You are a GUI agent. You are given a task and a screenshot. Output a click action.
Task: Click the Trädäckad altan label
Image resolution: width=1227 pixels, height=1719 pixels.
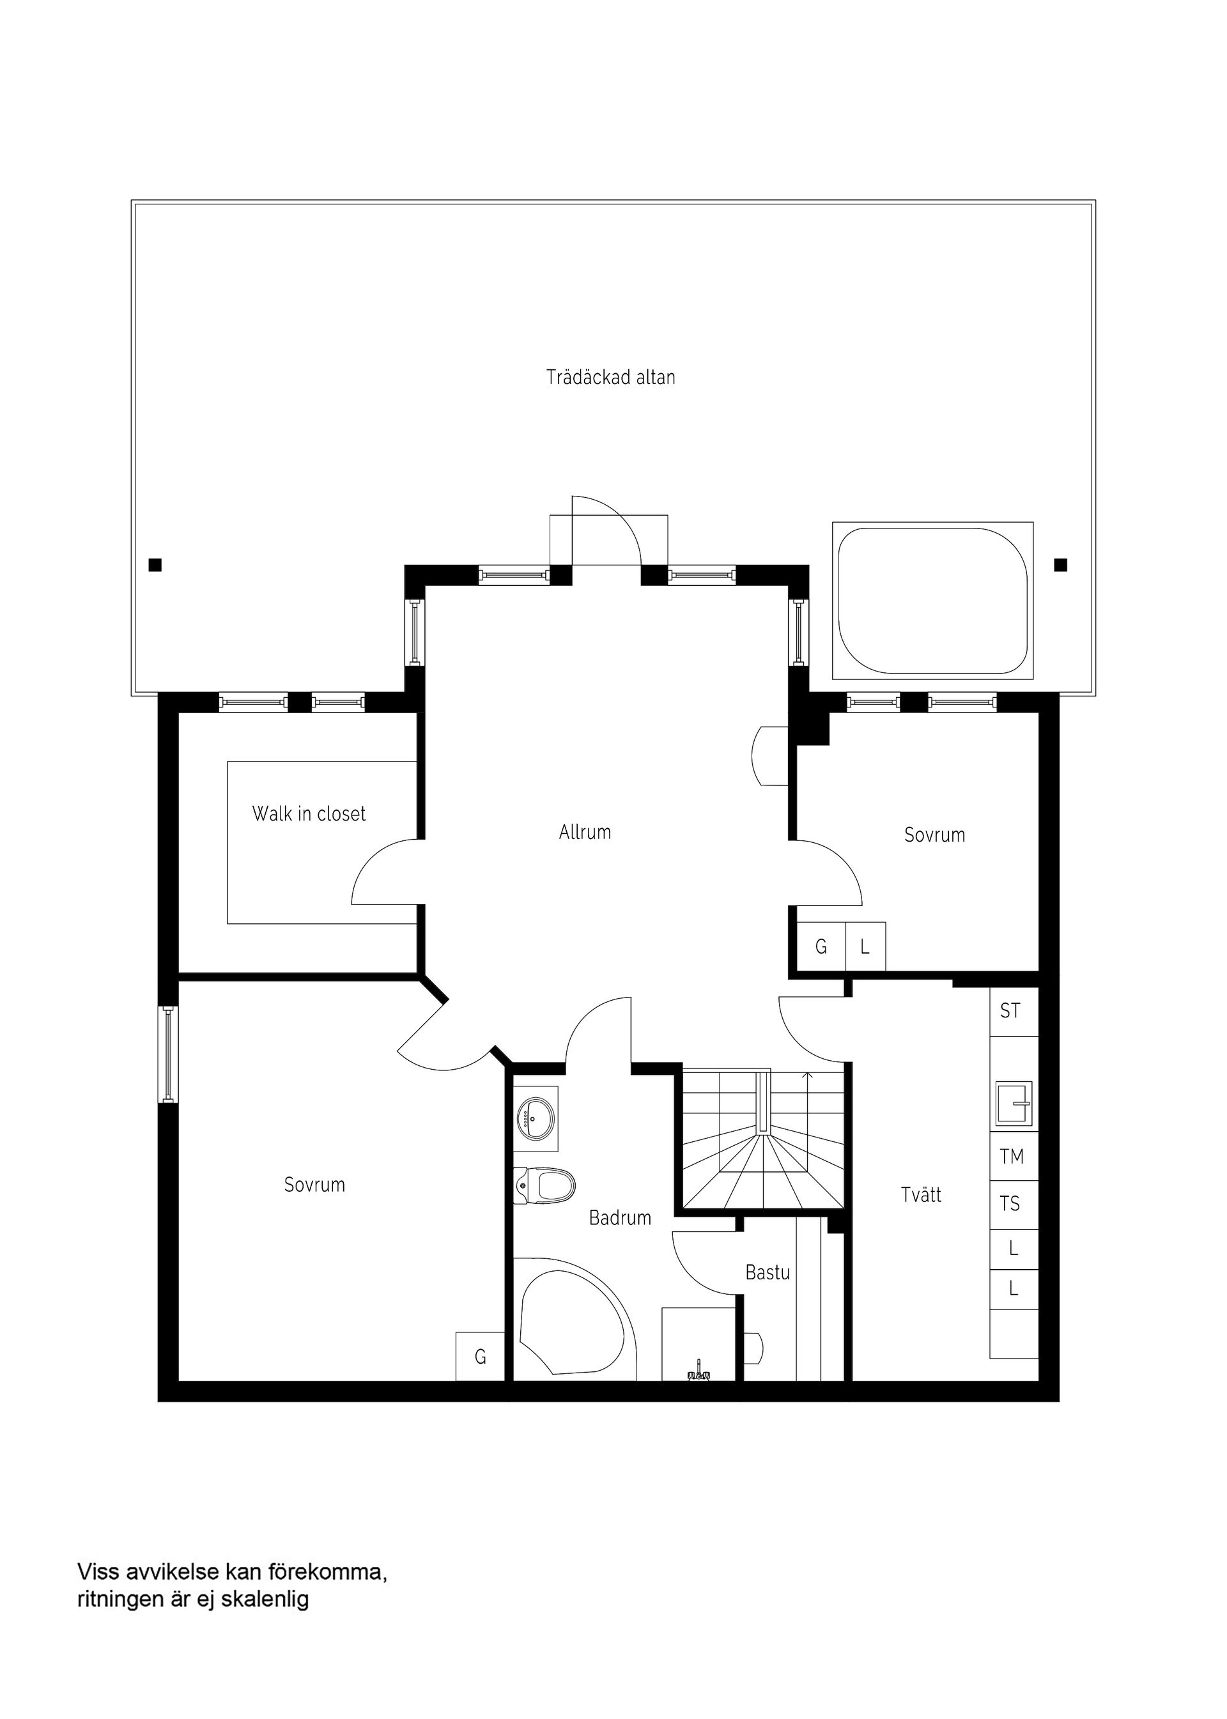(x=610, y=377)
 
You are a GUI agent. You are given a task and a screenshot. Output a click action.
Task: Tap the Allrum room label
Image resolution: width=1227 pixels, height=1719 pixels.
(x=585, y=832)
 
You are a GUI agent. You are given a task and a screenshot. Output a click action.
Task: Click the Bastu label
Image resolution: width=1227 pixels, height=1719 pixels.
(x=767, y=1272)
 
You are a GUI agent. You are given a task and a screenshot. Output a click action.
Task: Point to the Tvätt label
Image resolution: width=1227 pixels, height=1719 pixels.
(x=921, y=1194)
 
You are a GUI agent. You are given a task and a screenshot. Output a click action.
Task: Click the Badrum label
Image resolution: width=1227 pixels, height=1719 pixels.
(x=619, y=1217)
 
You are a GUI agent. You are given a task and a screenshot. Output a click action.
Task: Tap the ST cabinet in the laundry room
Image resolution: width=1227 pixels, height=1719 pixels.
(x=1012, y=1011)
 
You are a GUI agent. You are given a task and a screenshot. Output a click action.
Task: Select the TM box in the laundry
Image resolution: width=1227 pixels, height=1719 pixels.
(x=1012, y=1156)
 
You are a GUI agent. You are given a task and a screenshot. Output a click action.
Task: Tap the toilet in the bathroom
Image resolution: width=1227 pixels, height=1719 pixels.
(x=546, y=1185)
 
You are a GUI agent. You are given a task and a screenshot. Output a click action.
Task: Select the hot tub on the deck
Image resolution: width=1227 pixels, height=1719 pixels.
(x=932, y=600)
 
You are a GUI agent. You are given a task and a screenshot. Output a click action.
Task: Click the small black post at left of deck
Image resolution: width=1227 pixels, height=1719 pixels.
(x=155, y=564)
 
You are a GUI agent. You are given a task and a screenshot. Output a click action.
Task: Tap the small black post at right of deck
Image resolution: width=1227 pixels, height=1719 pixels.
(x=1060, y=564)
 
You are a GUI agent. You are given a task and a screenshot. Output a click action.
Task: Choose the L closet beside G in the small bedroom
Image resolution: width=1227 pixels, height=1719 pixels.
(x=865, y=946)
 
